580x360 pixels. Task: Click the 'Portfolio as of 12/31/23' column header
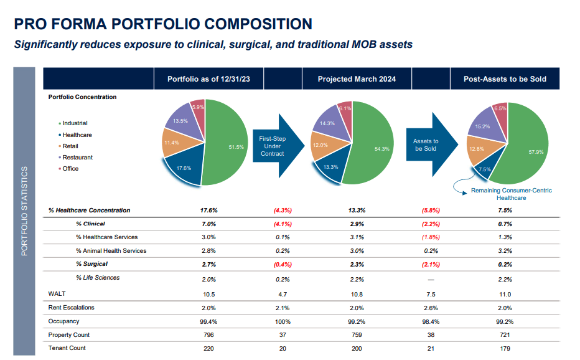tap(208, 79)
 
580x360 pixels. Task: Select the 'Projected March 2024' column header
tap(357, 79)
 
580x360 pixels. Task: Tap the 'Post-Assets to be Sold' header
tap(505, 79)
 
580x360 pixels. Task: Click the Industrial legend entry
tap(75, 123)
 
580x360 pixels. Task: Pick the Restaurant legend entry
tap(77, 157)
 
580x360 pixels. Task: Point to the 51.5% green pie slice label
tap(236, 147)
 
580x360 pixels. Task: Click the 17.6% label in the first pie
tap(184, 168)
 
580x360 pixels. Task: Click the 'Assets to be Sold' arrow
tap(426, 146)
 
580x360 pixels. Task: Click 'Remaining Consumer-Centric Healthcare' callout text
tap(511, 194)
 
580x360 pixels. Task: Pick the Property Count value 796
tap(208, 334)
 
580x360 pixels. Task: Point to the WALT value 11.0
tap(505, 294)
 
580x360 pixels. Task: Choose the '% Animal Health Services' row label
tap(111, 251)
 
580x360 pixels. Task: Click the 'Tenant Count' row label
tap(67, 348)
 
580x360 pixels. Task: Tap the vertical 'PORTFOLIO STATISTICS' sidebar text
tap(25, 211)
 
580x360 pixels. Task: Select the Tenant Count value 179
tap(505, 348)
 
